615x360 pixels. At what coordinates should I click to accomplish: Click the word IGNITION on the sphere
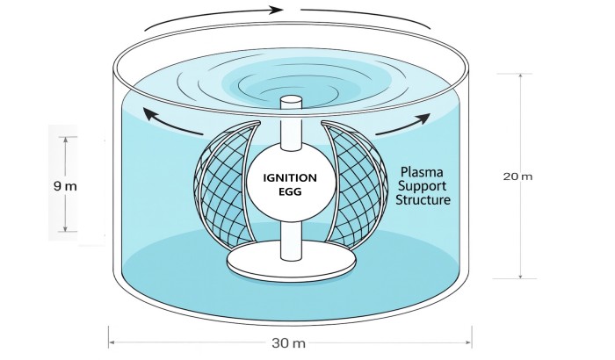290,178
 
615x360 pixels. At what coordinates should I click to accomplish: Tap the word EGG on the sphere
290,192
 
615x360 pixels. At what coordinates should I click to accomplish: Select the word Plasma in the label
422,172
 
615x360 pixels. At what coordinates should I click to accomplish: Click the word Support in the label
422,186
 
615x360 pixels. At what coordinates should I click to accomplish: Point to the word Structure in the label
423,199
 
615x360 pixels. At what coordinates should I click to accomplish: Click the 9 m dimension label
65,186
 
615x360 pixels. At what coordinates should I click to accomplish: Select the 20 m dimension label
517,176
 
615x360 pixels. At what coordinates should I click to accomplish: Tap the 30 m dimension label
289,343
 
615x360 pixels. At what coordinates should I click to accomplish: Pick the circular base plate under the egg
292,262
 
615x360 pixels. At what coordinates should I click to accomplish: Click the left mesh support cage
226,184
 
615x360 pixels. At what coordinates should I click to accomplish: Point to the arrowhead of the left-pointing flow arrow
149,114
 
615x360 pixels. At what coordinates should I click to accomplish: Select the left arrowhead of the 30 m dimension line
112,342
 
